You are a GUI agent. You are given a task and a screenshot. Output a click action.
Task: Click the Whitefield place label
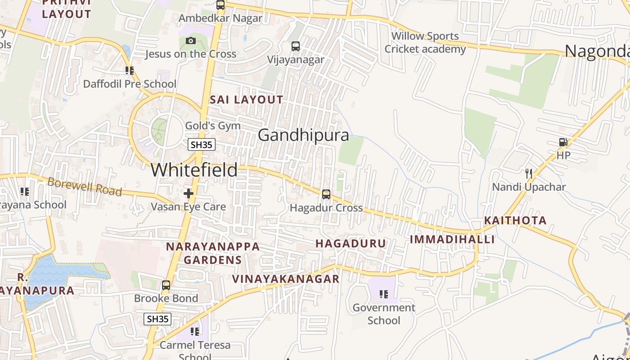[194, 170]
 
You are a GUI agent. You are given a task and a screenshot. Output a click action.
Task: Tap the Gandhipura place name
[303, 135]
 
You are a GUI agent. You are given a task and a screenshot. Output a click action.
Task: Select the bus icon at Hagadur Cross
[326, 194]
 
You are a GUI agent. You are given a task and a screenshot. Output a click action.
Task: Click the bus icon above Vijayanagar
[296, 46]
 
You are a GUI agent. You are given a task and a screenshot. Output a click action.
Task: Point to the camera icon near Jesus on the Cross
[190, 41]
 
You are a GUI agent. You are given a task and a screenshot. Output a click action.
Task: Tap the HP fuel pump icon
[563, 142]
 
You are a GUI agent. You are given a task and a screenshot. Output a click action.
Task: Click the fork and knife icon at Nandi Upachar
[529, 173]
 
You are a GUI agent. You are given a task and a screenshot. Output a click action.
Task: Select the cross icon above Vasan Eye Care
[189, 193]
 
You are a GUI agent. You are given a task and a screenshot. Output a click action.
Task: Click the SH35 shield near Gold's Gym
[202, 144]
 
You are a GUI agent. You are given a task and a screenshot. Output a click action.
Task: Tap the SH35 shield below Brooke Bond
[157, 319]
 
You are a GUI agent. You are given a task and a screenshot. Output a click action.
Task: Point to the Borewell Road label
[85, 186]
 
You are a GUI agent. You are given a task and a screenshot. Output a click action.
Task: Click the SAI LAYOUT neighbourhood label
[247, 100]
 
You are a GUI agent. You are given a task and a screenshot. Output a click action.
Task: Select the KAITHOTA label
[515, 220]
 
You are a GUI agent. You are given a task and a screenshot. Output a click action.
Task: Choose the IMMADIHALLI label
[452, 239]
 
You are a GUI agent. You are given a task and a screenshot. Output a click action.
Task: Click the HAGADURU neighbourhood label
[351, 243]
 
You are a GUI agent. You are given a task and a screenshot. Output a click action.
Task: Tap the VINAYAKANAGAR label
[286, 279]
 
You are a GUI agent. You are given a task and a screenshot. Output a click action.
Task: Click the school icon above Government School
[384, 294]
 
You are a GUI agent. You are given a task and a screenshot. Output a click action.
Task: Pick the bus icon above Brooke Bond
[166, 285]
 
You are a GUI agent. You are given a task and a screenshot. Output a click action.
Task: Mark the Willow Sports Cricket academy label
[425, 42]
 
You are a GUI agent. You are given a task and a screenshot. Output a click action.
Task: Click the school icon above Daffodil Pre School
[130, 70]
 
